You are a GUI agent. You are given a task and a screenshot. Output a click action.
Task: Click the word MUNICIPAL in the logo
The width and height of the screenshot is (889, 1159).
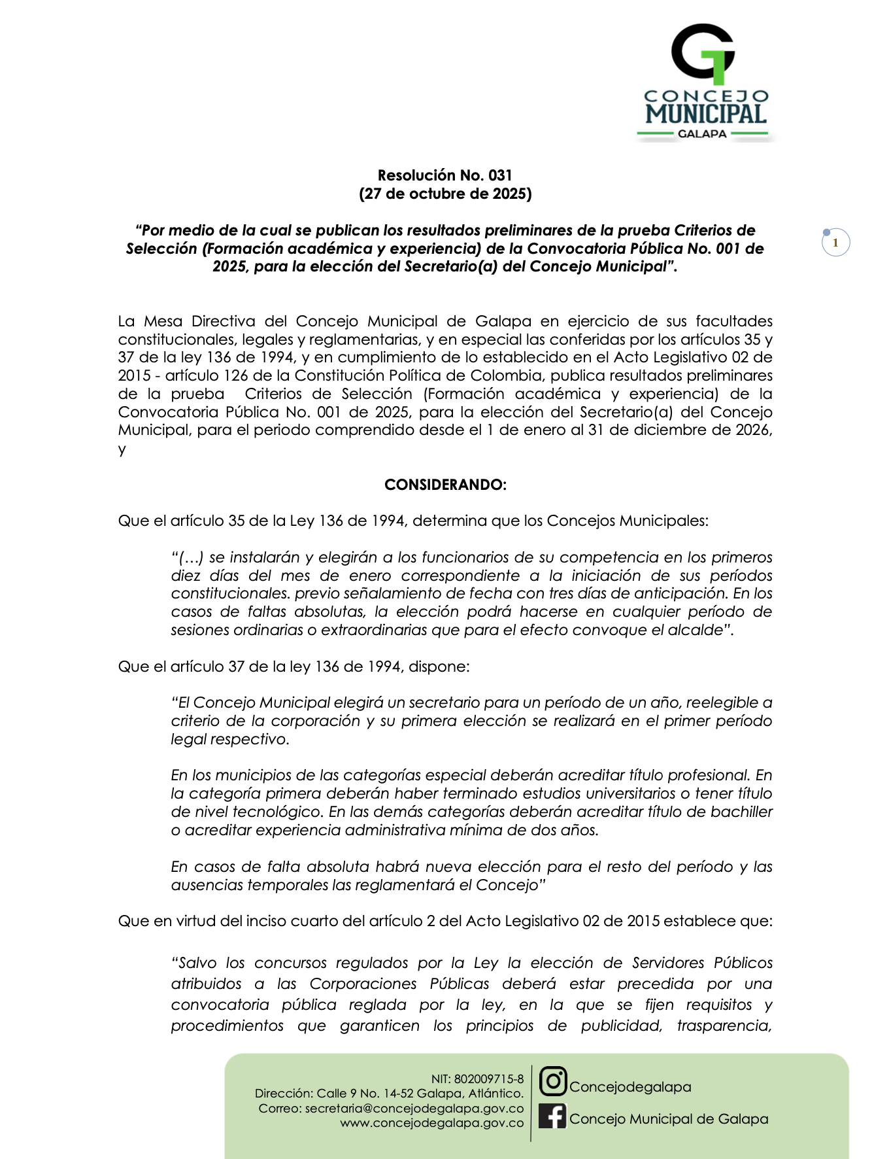[x=706, y=114]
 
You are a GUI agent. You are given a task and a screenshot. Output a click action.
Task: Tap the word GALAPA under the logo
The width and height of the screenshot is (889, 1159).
[x=702, y=133]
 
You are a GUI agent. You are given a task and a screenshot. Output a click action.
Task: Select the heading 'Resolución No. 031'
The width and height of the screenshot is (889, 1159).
[x=444, y=175]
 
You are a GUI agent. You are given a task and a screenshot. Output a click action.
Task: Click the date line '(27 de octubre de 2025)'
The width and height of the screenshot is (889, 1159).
[x=444, y=194]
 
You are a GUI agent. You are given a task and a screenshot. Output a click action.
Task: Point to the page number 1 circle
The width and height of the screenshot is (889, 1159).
[x=835, y=243]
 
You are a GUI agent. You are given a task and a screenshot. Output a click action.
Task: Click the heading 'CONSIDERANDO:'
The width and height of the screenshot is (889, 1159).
[x=445, y=485]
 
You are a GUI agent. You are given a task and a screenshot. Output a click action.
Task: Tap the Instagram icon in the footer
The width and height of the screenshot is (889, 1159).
[x=553, y=1081]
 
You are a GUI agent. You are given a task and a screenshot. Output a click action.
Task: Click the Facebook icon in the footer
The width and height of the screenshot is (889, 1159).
[x=552, y=1116]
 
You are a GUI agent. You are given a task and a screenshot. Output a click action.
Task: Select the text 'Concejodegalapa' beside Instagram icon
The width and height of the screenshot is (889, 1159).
[x=630, y=1087]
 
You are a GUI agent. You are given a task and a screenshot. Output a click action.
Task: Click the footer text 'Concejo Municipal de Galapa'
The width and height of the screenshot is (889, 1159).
[x=669, y=1119]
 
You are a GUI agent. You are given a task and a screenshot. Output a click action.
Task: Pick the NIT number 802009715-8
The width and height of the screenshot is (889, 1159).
[x=489, y=1079]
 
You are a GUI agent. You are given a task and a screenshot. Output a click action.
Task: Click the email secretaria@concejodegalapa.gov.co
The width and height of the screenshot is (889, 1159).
[x=414, y=1109]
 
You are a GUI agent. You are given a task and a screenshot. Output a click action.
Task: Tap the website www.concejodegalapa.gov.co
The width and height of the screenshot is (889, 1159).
[x=432, y=1123]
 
